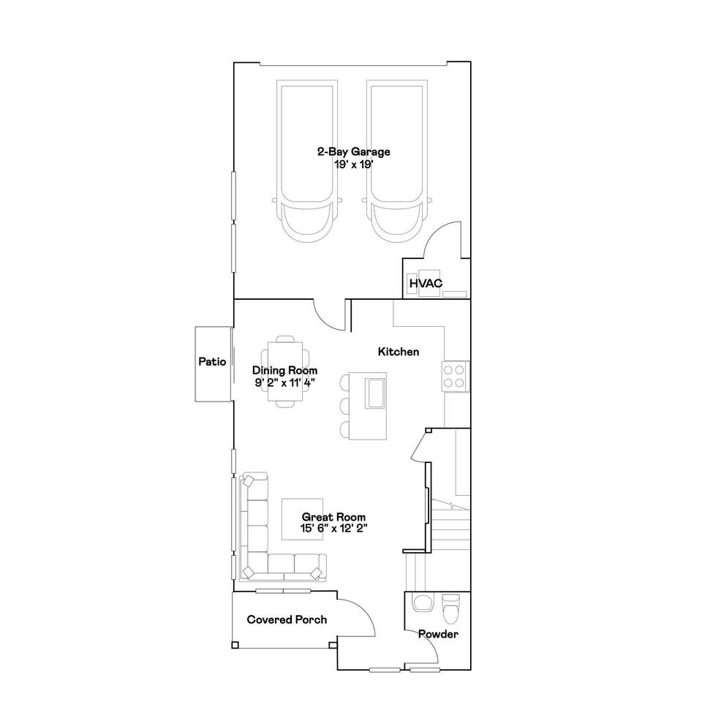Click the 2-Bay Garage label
(x=354, y=152)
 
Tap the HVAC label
(x=426, y=284)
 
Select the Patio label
(x=212, y=362)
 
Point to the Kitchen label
(x=399, y=352)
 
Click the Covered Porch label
(x=287, y=619)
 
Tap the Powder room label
(x=438, y=634)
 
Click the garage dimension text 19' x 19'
(x=354, y=165)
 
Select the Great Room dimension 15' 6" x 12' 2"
(x=334, y=528)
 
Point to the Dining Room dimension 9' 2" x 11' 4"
(x=285, y=382)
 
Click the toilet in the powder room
(x=451, y=608)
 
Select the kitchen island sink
(x=375, y=393)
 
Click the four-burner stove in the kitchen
(x=455, y=377)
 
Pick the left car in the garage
(x=307, y=162)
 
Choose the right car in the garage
(x=396, y=162)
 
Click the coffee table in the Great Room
(x=302, y=519)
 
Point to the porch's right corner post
(x=333, y=645)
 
